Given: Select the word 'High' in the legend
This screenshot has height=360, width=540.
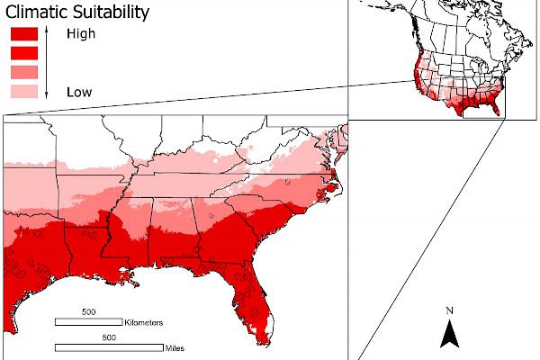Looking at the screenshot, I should pyautogui.click(x=80, y=34).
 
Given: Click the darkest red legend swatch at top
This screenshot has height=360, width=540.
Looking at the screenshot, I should pyautogui.click(x=23, y=34).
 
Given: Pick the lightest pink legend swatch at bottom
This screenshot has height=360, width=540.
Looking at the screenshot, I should pyautogui.click(x=23, y=92).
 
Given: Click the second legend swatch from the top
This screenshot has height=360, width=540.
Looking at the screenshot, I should pyautogui.click(x=23, y=53).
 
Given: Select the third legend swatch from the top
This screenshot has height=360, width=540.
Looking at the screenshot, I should pyautogui.click(x=23, y=72).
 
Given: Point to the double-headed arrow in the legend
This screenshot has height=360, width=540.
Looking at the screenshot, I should pyautogui.click(x=46, y=62).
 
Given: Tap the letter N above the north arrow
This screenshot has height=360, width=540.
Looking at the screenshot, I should pyautogui.click(x=450, y=311).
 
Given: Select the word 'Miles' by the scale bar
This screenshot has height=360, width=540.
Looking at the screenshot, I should pyautogui.click(x=176, y=347).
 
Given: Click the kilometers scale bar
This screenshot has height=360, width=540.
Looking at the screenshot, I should pyautogui.click(x=89, y=321).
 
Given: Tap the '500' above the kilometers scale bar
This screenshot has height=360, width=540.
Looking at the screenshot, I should pyautogui.click(x=88, y=311).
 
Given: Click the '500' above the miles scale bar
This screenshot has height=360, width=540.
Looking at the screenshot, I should pyautogui.click(x=109, y=337).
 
